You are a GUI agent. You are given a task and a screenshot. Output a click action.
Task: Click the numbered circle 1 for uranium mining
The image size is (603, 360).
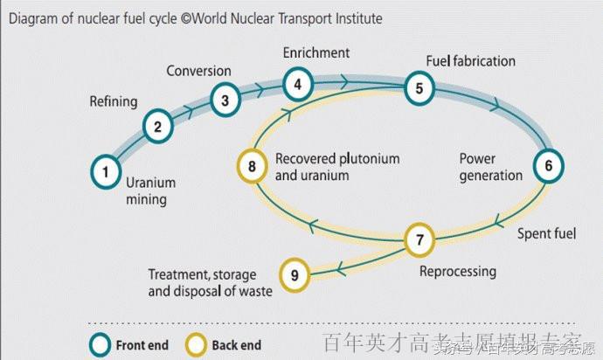point(106,171)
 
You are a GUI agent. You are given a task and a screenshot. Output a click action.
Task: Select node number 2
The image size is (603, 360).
point(157,128)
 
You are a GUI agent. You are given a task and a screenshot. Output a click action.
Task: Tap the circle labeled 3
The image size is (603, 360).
point(225,100)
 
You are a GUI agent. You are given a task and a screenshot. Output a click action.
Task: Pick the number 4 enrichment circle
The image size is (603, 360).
point(297,85)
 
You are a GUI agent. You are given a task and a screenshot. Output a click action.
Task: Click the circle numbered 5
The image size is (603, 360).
point(419,87)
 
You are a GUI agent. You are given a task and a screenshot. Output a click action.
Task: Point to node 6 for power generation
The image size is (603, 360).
point(549,165)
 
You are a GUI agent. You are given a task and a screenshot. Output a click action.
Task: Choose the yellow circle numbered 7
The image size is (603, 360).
point(419,239)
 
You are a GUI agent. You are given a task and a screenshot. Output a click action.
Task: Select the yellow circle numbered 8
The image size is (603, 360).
point(252,165)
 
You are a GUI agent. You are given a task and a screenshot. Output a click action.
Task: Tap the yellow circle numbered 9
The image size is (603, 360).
point(295,276)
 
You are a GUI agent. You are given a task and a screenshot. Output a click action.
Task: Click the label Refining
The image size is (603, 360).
point(114,101)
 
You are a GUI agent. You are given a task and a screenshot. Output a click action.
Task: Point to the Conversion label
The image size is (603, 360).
point(199,71)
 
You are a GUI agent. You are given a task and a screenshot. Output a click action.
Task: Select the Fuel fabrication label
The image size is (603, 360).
point(471,61)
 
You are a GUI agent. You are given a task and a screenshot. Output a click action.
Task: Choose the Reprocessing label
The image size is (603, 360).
point(458,271)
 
